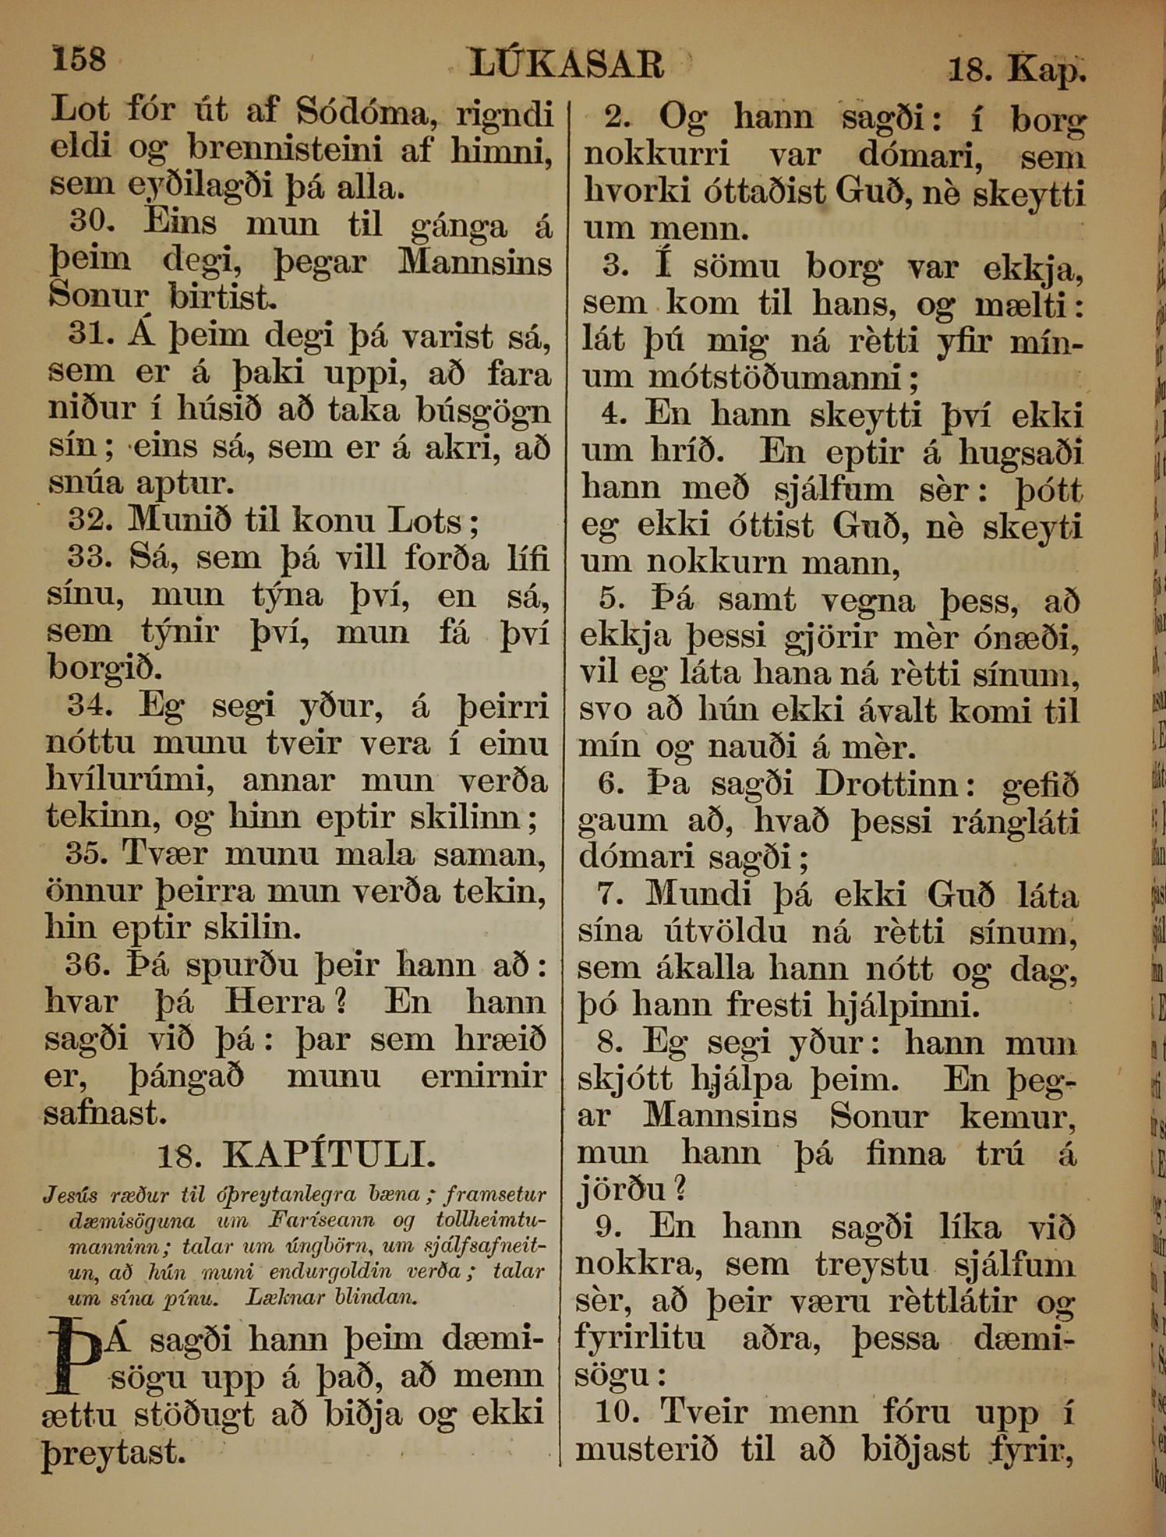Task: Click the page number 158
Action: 78,58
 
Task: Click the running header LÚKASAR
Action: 567,64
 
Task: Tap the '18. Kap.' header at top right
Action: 1016,70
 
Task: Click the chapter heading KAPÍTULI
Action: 328,1154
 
